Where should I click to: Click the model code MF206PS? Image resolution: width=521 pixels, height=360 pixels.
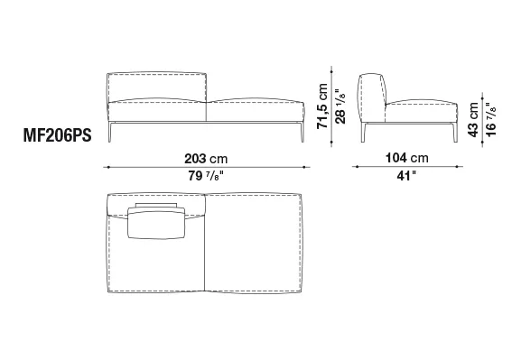point(57,135)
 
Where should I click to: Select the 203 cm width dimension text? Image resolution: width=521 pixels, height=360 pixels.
point(206,159)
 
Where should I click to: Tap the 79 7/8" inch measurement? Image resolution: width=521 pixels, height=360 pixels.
point(206,176)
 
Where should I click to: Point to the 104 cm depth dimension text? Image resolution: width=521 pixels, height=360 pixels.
point(406,158)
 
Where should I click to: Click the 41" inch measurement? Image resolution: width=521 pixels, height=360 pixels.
point(406,176)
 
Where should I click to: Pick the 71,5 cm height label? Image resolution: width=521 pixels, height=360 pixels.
point(322,106)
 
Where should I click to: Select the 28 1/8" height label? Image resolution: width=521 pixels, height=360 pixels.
point(340,106)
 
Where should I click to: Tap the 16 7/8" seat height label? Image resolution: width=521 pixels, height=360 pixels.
point(491,119)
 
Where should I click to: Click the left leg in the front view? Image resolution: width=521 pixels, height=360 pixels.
point(110,132)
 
